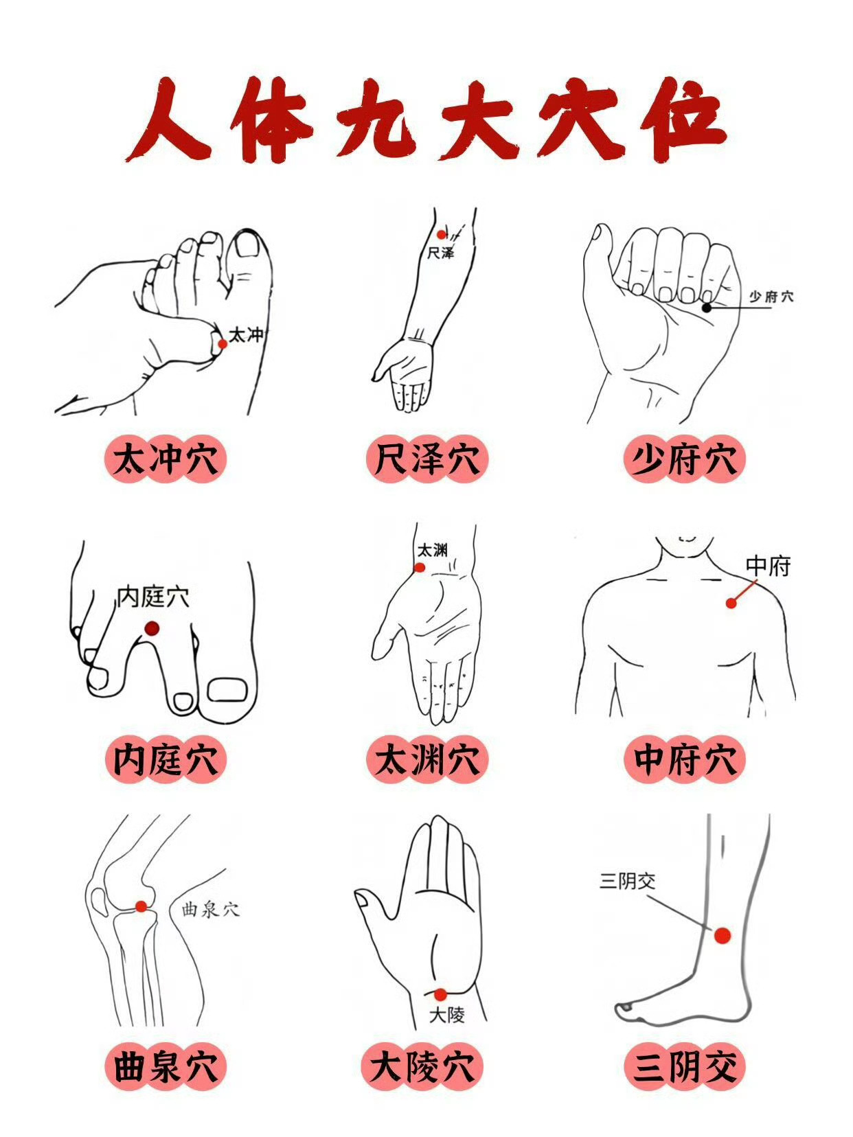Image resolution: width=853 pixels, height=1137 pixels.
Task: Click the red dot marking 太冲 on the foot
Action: coord(223,343)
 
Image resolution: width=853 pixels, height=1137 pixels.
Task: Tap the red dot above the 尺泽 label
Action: coord(441,235)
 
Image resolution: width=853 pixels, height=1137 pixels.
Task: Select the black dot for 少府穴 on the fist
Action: coord(707,308)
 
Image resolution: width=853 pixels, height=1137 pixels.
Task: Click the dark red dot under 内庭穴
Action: coord(152,628)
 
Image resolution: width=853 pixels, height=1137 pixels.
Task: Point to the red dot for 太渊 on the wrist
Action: coord(420,568)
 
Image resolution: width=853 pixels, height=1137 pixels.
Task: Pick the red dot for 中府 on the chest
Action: coord(731,603)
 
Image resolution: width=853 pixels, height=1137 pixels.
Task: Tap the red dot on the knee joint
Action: coord(141,906)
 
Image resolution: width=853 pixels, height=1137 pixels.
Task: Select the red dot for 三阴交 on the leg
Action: coord(723,936)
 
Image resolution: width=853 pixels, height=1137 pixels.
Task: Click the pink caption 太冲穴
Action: coord(166,459)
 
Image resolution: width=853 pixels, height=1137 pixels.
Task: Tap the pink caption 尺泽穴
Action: coord(427,459)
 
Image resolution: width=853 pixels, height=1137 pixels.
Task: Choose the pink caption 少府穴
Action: coord(684,459)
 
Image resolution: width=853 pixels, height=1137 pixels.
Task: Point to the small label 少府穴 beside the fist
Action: coord(771,297)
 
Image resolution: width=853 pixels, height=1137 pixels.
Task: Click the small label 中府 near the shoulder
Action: coord(769,566)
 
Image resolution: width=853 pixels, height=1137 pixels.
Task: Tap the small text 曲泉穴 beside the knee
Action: coord(211,910)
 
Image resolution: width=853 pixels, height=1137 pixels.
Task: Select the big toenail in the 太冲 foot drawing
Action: coord(248,244)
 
